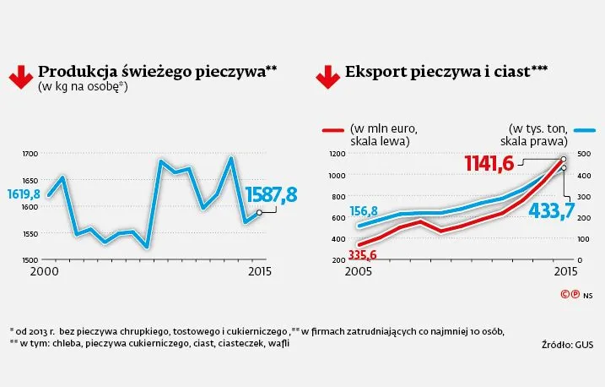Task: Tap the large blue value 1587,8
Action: coord(271,195)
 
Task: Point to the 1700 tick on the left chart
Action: coord(30,154)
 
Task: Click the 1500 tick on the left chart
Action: coord(30,259)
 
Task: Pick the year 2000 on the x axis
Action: coord(44,273)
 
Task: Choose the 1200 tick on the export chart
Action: coord(337,154)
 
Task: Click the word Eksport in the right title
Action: coord(373,73)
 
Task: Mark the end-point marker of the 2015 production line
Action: coord(261,212)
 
